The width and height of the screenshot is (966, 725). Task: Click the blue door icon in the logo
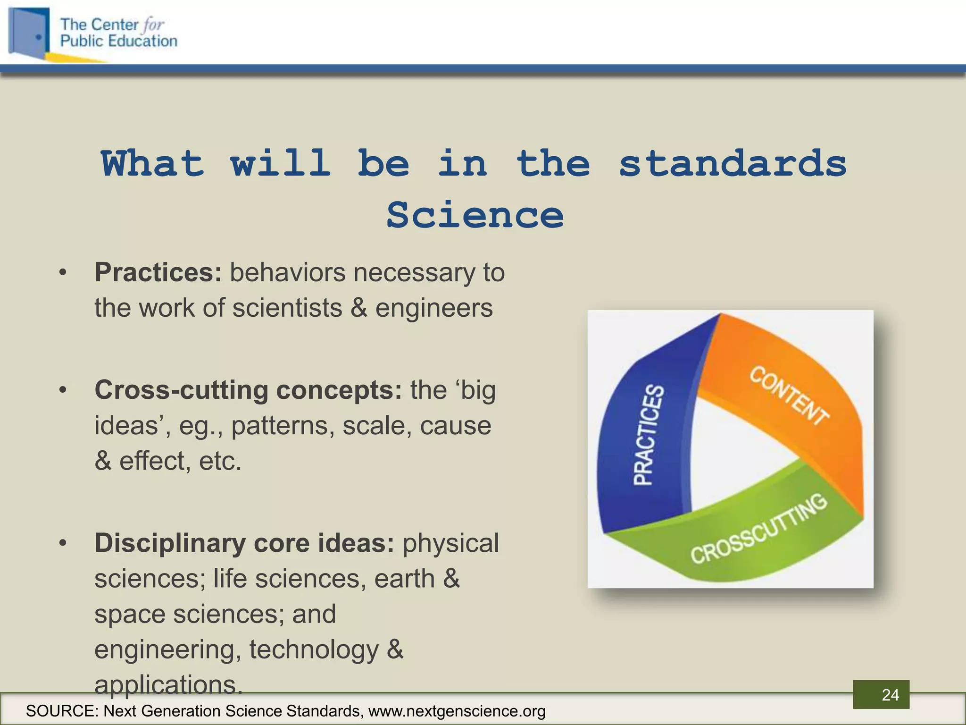[x=29, y=33]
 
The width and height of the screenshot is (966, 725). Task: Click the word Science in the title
[x=475, y=215]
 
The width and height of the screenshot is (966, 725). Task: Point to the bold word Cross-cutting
[x=181, y=390]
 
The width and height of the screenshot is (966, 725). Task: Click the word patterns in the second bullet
[x=283, y=425]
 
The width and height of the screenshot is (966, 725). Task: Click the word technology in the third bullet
[x=313, y=649]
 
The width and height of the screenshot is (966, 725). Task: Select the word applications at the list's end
[x=168, y=683]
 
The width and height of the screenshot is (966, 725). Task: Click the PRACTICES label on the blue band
[x=649, y=435]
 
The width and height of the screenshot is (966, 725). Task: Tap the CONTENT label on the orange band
[x=789, y=396]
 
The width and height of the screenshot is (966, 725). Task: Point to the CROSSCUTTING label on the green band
[x=758, y=530]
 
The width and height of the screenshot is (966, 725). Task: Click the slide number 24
[x=890, y=695]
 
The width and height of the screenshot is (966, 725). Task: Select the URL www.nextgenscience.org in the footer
[x=457, y=711]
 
